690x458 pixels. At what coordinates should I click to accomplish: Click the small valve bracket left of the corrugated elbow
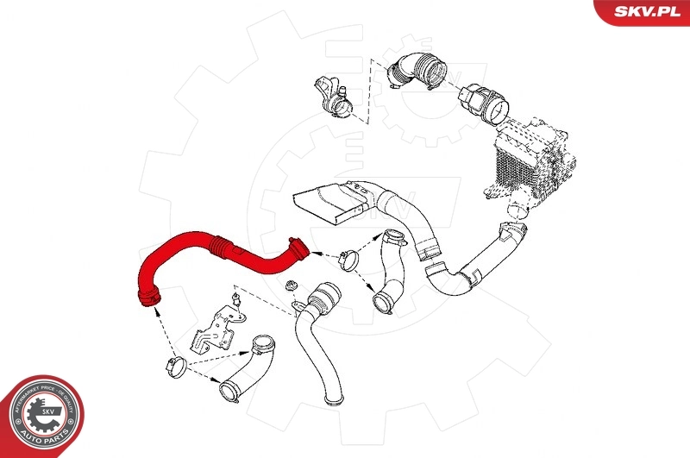tap(333, 99)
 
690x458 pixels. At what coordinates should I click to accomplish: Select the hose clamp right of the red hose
tap(350, 257)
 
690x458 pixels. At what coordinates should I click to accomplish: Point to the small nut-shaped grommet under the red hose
tap(291, 287)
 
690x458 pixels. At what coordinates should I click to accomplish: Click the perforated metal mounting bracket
tap(211, 332)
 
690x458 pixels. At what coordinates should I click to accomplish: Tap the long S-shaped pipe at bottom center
tap(315, 345)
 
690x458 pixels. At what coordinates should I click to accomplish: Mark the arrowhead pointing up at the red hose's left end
tap(156, 311)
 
